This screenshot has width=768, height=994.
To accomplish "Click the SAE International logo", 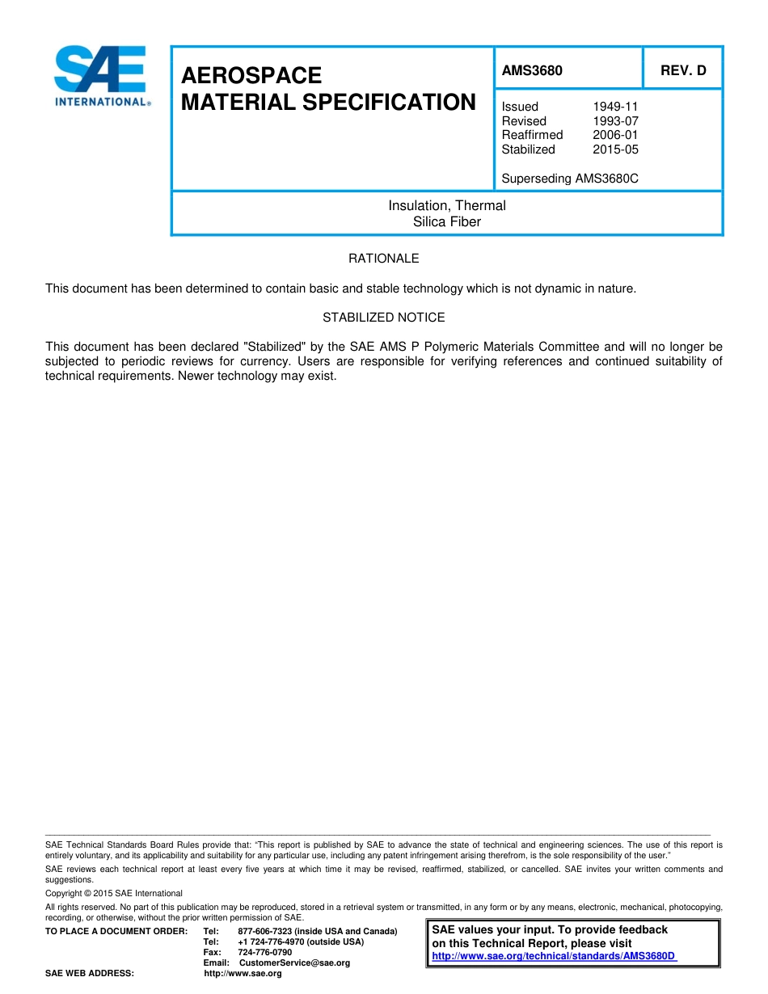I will (101, 75).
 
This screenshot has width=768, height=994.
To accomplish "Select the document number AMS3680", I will (532, 70).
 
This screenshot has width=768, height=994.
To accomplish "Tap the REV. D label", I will (683, 70).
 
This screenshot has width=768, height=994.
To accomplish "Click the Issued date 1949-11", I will (615, 107).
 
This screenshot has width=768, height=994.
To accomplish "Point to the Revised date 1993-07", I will (615, 121).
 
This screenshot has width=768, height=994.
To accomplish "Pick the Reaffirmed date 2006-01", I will (615, 135).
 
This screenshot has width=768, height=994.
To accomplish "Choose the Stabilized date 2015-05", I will (615, 150).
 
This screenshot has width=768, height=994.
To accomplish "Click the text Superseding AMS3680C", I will (570, 178).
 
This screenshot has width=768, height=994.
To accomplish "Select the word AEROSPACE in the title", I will (251, 76).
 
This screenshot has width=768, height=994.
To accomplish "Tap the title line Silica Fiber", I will (447, 221).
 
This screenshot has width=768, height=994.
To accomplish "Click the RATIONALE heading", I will (384, 259).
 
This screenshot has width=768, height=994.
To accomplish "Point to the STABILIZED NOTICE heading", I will (384, 318).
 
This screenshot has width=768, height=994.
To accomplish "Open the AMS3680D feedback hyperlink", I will (554, 956).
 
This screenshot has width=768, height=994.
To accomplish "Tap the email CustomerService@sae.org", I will (294, 963).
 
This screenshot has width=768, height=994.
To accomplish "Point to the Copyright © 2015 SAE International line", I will (114, 893).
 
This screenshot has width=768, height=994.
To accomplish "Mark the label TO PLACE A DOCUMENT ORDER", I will (116, 932).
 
